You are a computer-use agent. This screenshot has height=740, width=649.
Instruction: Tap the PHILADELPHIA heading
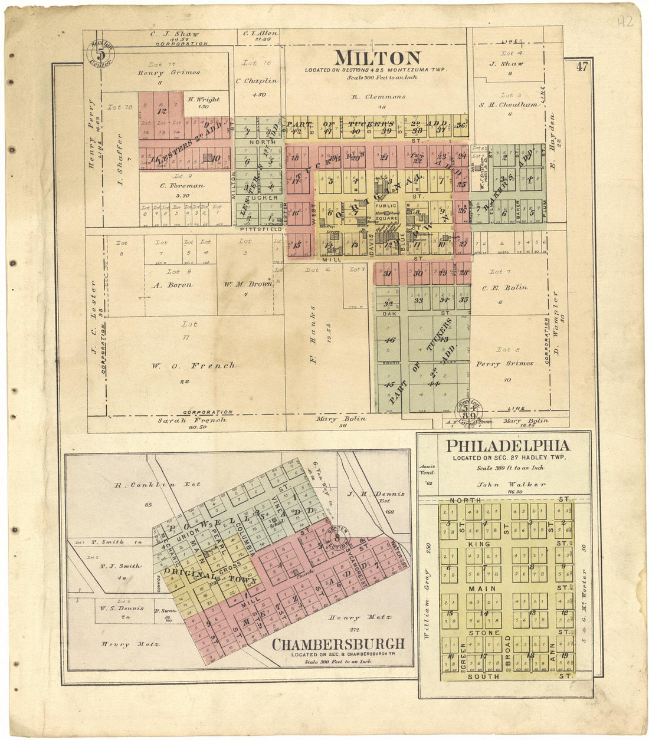click(x=507, y=446)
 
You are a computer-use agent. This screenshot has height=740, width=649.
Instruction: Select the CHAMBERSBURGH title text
click(x=338, y=644)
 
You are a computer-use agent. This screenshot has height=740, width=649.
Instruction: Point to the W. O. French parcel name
click(x=192, y=366)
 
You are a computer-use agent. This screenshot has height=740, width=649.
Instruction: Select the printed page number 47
click(x=582, y=67)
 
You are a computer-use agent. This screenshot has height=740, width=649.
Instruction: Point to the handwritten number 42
click(x=623, y=23)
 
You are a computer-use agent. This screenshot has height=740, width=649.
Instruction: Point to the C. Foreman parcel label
click(x=182, y=186)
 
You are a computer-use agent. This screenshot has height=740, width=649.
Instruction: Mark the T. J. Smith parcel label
click(x=120, y=566)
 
